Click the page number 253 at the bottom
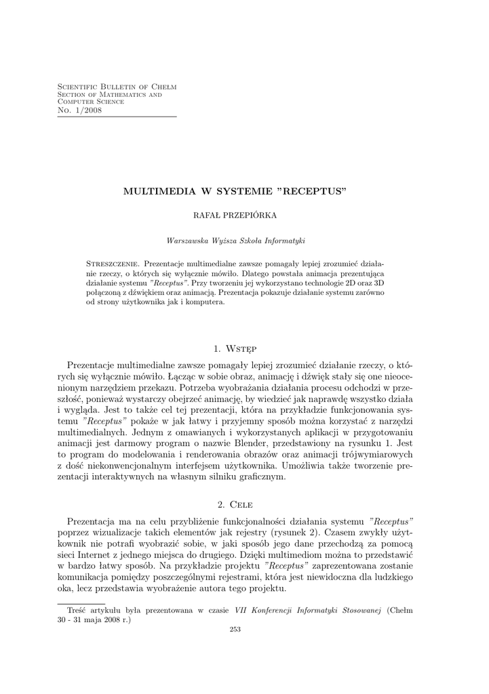coord(235,629)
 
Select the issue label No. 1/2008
coord(79,110)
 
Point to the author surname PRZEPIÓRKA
coord(257,216)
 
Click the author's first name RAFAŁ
coord(209,216)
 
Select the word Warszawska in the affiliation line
coord(188,240)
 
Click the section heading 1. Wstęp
coord(235,349)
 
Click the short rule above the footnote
coord(81,603)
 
